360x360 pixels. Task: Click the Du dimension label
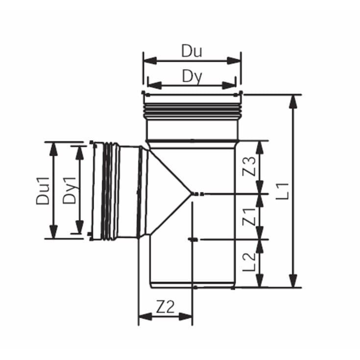tap(192, 50)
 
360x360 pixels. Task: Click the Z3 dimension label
tap(250, 167)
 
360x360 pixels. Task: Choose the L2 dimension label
tap(250, 263)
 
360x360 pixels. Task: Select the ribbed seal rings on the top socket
tap(192, 110)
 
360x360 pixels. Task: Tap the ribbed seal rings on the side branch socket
tap(110, 191)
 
